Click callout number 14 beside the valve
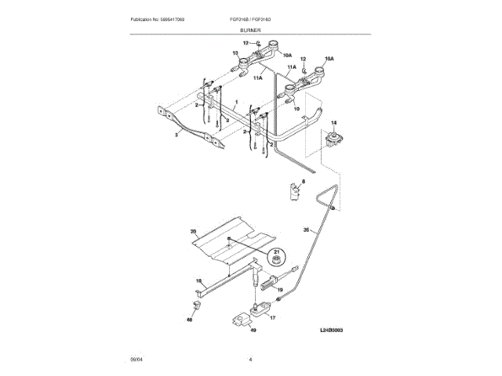click(333, 124)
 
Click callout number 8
click(305, 181)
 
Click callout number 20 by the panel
click(193, 231)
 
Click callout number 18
click(198, 280)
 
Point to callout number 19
click(280, 289)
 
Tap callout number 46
click(189, 320)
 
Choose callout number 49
click(253, 330)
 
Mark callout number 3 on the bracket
click(176, 136)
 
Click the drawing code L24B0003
click(333, 331)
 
